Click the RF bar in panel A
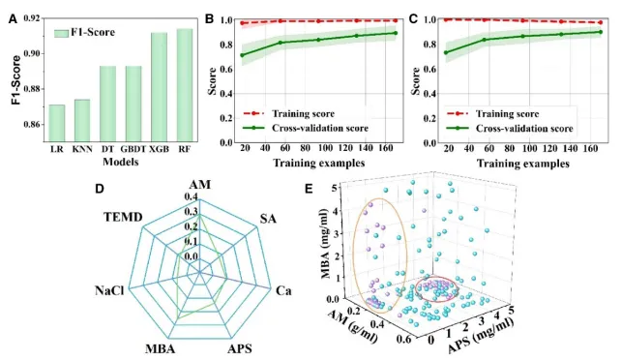point(185,85)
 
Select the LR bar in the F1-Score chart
point(57,123)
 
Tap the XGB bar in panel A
point(160,87)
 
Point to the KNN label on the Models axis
point(82,149)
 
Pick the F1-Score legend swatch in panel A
point(62,33)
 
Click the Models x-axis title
point(121,162)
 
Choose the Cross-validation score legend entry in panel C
point(510,129)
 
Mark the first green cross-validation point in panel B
point(242,55)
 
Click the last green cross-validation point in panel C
point(601,32)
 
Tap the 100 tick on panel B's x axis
point(325,148)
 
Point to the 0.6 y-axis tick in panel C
point(429,69)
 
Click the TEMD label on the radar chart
point(123,217)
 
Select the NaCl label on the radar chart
point(109,290)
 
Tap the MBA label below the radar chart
point(160,349)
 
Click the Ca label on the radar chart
point(283,291)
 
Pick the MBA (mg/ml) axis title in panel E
point(329,244)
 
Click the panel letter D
point(99,189)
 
